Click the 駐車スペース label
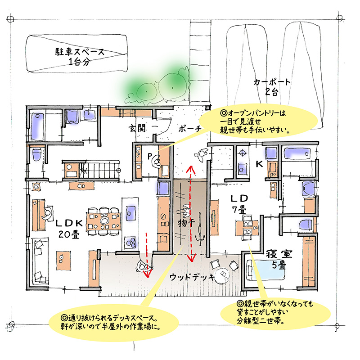[80, 52]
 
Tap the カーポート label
[272, 82]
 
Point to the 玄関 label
[137, 128]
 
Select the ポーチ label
[190, 129]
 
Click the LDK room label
[69, 223]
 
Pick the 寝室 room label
[279, 254]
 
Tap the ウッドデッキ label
[192, 277]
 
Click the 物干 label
[186, 223]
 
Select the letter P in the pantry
[149, 157]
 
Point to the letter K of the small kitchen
[259, 164]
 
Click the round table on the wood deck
[222, 274]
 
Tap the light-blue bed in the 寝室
[265, 270]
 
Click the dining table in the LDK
[104, 221]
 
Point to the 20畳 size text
[69, 234]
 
